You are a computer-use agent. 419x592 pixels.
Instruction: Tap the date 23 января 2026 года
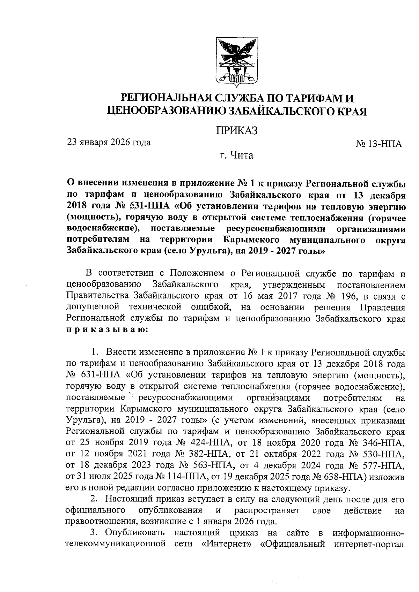(x=109, y=142)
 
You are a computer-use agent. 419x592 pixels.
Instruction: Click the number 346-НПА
(x=384, y=444)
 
